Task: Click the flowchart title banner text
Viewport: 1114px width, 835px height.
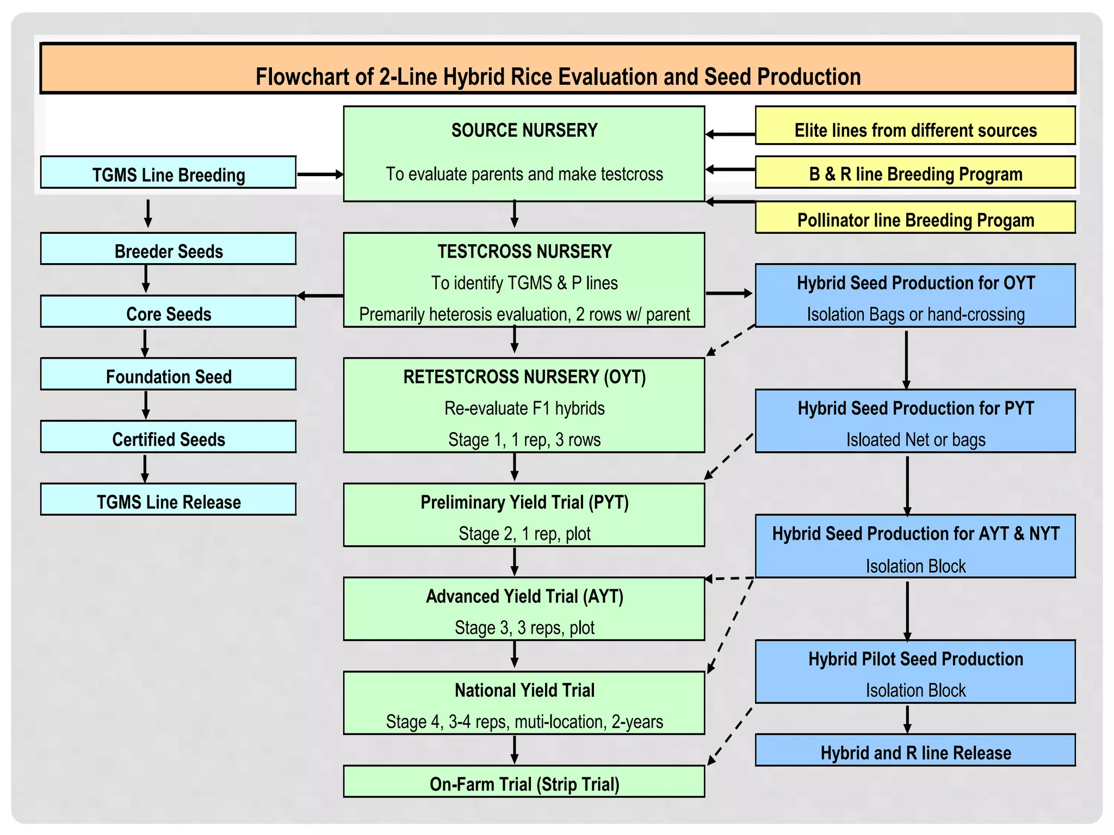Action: pyautogui.click(x=558, y=77)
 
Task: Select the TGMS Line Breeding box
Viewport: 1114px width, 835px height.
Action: pyautogui.click(x=168, y=173)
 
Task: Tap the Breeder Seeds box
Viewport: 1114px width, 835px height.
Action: pyautogui.click(x=168, y=250)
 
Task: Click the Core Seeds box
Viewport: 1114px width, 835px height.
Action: pyautogui.click(x=168, y=312)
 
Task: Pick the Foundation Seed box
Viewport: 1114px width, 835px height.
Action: pyautogui.click(x=168, y=375)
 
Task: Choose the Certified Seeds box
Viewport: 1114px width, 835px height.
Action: pyautogui.click(x=168, y=437)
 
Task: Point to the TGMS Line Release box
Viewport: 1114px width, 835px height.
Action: pyautogui.click(x=168, y=500)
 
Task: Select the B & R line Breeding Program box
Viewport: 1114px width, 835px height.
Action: pyautogui.click(x=915, y=173)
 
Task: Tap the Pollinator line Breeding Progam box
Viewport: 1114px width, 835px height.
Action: pyautogui.click(x=915, y=218)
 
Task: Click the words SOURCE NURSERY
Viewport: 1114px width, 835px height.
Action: pyautogui.click(x=524, y=130)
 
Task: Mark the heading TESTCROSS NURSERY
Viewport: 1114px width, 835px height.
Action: pyautogui.click(x=524, y=252)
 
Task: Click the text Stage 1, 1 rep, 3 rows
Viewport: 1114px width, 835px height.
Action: pyautogui.click(x=524, y=439)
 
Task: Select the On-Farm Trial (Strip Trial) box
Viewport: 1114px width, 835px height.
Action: pyautogui.click(x=524, y=782)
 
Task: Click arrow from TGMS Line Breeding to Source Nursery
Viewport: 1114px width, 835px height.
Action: pyautogui.click(x=320, y=175)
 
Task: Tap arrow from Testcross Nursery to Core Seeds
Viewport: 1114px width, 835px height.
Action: pyautogui.click(x=320, y=296)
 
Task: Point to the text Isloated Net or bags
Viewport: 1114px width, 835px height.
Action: pyautogui.click(x=915, y=439)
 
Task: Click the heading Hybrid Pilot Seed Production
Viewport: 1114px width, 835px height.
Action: pyautogui.click(x=915, y=659)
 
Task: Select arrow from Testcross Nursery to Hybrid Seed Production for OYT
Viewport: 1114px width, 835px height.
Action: pyautogui.click(x=729, y=294)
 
